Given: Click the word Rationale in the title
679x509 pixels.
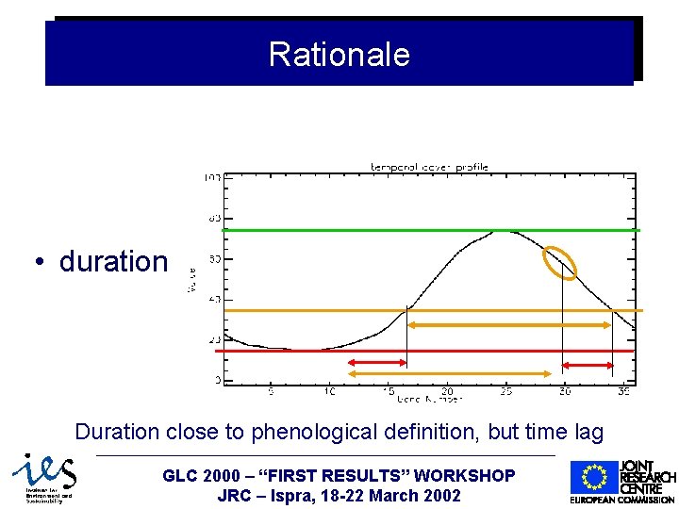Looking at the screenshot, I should click(x=339, y=54).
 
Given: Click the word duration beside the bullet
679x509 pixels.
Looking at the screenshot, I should click(x=113, y=261).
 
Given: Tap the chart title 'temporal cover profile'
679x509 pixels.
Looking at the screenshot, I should click(x=428, y=167).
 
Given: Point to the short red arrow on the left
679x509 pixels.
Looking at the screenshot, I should click(x=375, y=363).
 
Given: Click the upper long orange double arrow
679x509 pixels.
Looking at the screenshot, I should click(x=509, y=325).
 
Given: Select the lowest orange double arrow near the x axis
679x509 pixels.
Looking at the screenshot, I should click(x=449, y=374).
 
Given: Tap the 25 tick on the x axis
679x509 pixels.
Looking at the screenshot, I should click(x=505, y=390).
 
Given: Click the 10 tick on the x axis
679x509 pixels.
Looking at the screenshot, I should click(x=329, y=390).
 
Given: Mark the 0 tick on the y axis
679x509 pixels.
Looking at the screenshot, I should click(x=217, y=381).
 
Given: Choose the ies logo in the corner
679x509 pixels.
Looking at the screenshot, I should click(x=42, y=478).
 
